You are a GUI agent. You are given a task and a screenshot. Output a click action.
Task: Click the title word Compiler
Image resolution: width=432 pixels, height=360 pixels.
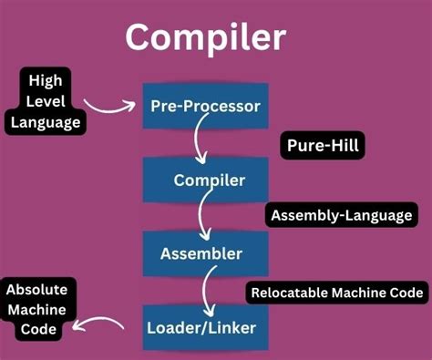(x=205, y=37)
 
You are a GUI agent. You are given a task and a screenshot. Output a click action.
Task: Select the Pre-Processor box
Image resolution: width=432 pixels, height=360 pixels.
(x=205, y=107)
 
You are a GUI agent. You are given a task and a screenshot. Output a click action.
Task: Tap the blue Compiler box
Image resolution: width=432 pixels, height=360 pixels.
(x=205, y=179)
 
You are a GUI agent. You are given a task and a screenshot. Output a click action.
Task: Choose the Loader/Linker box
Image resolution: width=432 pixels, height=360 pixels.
(x=205, y=325)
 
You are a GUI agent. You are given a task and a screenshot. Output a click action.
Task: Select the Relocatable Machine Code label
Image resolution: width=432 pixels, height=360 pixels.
(x=336, y=293)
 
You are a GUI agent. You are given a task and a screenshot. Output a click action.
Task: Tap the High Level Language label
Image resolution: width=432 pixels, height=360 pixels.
(x=45, y=102)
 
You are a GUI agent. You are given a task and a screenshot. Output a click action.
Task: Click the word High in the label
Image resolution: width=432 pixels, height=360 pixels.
(x=45, y=80)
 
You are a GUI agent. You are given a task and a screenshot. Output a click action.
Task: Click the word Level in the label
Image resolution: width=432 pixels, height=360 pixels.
(x=46, y=101)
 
